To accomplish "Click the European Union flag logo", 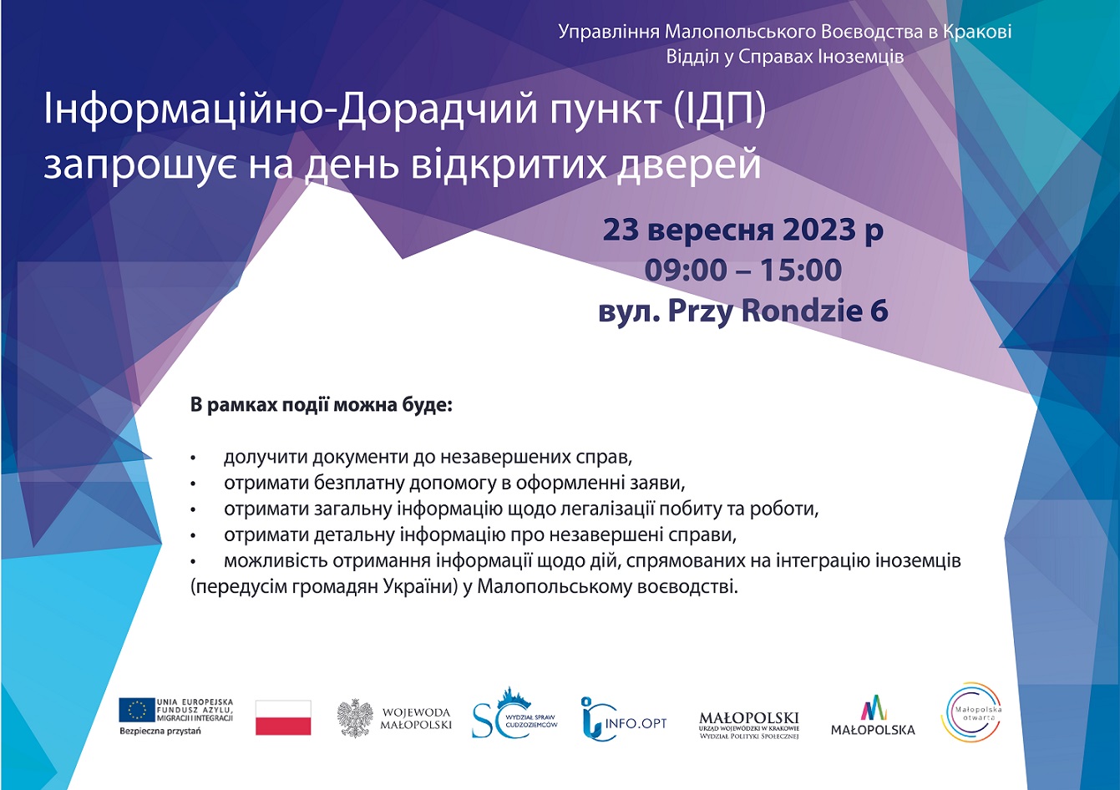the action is [x=137, y=711].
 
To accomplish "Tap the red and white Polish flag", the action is [x=283, y=717].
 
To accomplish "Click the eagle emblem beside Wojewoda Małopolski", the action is [x=355, y=718].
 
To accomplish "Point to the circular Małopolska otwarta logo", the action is [x=971, y=712].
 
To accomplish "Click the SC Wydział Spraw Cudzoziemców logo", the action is [x=514, y=713].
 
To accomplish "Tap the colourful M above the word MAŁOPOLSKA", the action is [x=874, y=707].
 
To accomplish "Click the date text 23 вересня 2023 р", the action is [x=743, y=230].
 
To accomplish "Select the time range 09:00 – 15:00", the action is [x=743, y=270].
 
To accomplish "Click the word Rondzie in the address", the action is [x=802, y=311].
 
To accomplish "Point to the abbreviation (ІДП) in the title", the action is [x=720, y=109].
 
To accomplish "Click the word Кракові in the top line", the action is [x=977, y=32].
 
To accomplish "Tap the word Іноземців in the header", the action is [x=860, y=56].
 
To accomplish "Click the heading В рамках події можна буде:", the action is [x=321, y=404].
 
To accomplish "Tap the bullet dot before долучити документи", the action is [x=193, y=458].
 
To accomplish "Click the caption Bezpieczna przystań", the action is [x=160, y=731].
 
